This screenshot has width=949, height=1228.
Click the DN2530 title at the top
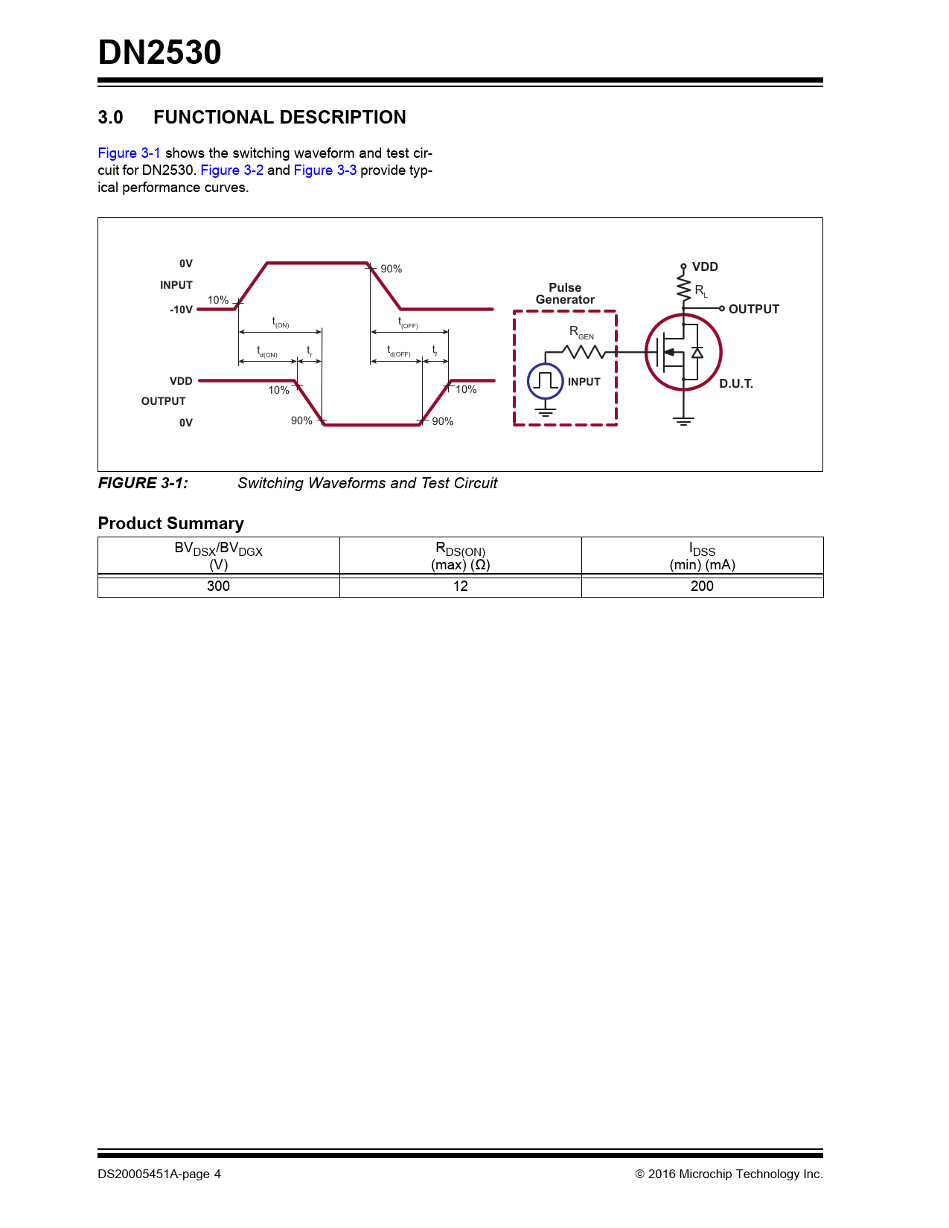click(159, 53)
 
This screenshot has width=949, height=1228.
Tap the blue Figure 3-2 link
click(231, 170)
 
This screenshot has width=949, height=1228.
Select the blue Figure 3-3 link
click(325, 170)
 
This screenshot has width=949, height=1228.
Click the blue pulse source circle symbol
click(545, 381)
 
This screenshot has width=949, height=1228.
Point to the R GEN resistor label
click(581, 332)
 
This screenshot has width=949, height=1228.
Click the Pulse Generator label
click(565, 294)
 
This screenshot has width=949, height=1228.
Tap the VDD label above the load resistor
click(705, 267)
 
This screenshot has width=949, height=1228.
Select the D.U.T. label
click(735, 384)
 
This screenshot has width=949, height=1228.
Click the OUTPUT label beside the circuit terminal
click(753, 309)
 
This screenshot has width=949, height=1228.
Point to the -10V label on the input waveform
click(181, 310)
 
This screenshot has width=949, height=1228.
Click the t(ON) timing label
click(280, 322)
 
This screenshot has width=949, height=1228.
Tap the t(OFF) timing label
click(408, 323)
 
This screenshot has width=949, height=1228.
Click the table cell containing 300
click(218, 586)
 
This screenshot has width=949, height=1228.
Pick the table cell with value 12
click(460, 586)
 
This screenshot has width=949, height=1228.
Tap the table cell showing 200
click(702, 586)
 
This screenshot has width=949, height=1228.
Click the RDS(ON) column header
click(460, 557)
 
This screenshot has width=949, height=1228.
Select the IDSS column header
click(702, 557)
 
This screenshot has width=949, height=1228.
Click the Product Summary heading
click(170, 524)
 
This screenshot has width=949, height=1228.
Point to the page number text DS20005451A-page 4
click(159, 1174)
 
